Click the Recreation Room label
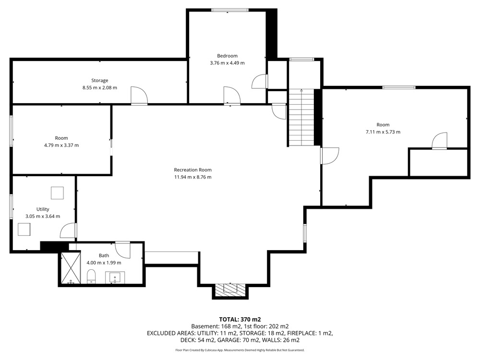tap(192, 170)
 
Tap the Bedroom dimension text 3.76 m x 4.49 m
tap(227, 63)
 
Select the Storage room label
tap(99, 81)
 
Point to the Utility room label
tap(43, 209)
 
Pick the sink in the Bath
tap(115, 277)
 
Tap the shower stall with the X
tap(71, 268)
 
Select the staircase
tap(302, 117)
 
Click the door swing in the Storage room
tap(139, 96)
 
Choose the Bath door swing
tap(123, 250)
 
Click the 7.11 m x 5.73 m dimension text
tap(383, 132)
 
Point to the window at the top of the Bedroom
tap(230, 10)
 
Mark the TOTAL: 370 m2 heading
tap(240, 320)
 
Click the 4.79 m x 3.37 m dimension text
tap(61, 145)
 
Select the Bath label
tap(104, 256)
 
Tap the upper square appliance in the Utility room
tap(57, 193)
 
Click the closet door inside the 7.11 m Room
tap(440, 141)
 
